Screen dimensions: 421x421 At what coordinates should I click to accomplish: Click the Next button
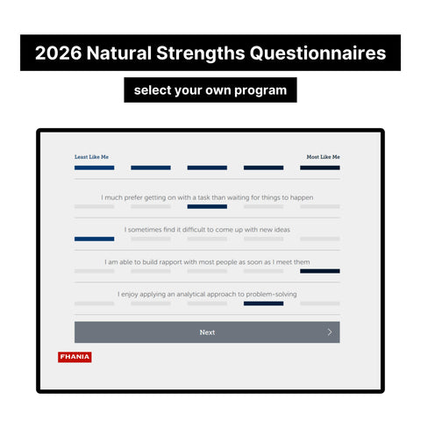(207, 332)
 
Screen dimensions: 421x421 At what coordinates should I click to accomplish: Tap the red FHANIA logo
(75, 357)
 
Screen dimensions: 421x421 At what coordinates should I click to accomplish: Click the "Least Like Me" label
(92, 157)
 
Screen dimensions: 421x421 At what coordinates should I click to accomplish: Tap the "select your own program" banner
(210, 89)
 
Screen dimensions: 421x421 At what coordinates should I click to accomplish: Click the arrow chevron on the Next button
(330, 332)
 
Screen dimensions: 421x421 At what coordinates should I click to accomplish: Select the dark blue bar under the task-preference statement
(207, 207)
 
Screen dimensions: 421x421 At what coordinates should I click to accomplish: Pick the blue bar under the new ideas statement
(94, 239)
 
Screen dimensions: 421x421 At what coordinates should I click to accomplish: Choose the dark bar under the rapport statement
(319, 271)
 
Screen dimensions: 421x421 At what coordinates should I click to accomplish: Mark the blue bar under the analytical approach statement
(263, 303)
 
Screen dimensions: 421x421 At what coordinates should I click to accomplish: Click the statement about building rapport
(207, 261)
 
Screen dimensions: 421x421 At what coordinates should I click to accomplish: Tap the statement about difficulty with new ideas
(207, 230)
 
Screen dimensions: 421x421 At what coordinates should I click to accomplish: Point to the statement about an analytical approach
(207, 294)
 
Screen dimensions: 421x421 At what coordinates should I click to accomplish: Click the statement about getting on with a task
(207, 197)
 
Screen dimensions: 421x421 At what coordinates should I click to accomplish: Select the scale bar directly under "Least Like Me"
(94, 168)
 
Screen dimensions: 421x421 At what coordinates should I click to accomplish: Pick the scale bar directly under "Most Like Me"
(319, 168)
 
